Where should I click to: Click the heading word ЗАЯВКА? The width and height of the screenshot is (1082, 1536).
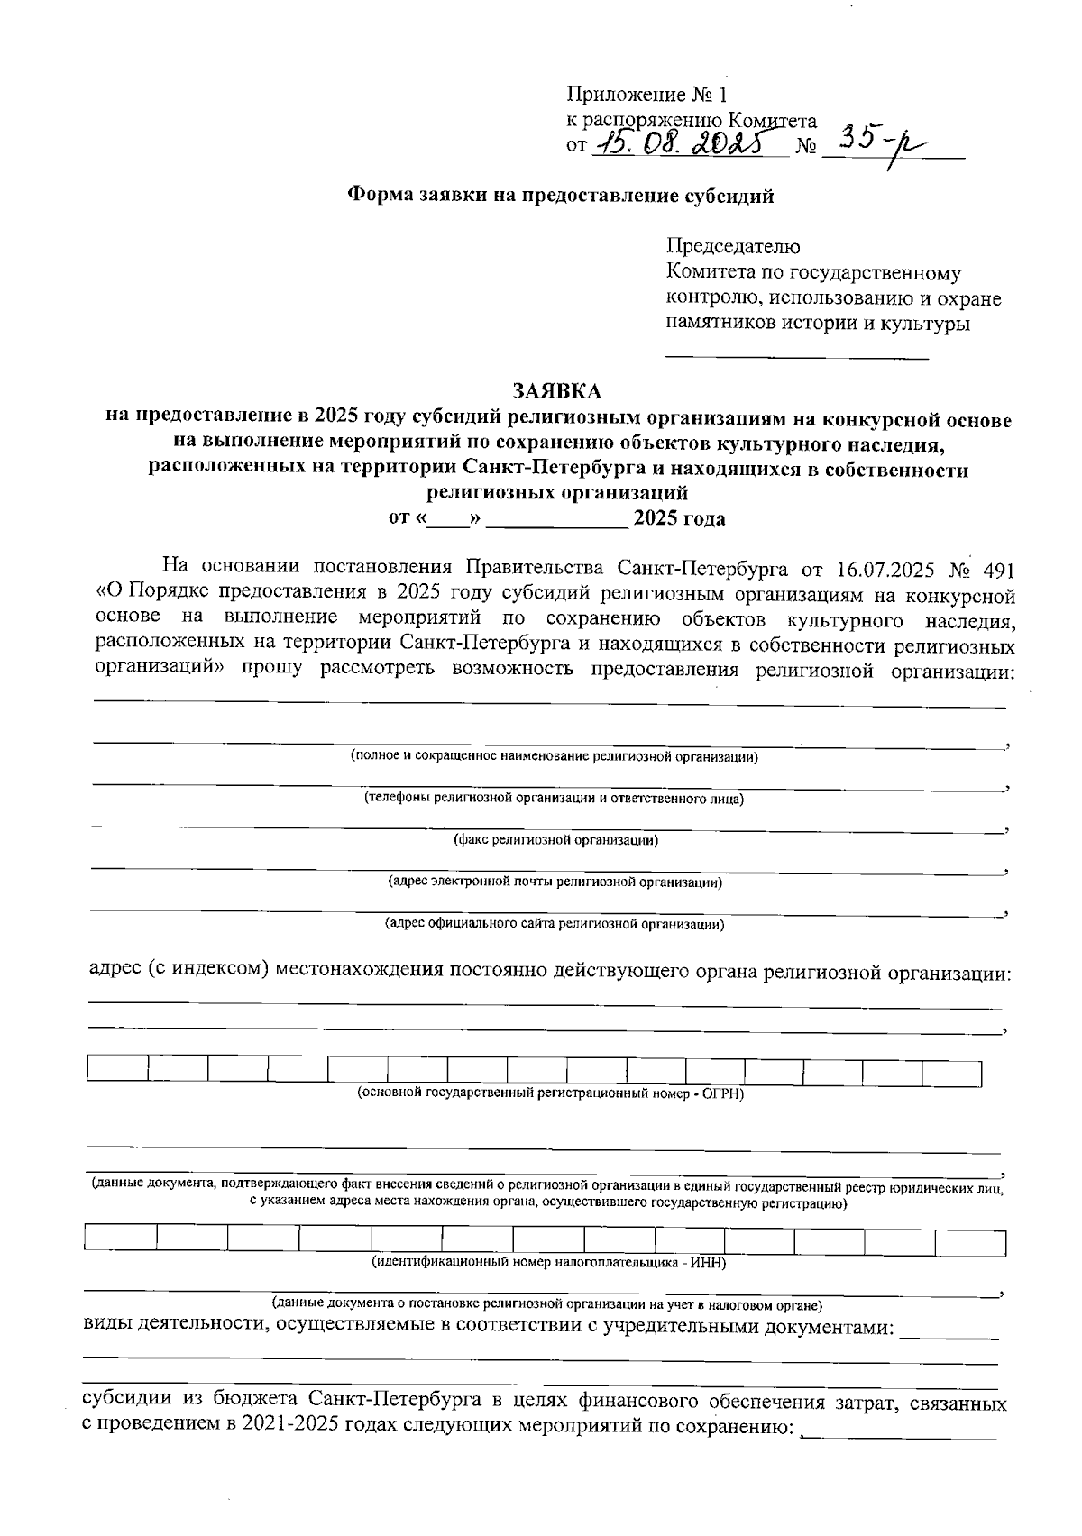556,391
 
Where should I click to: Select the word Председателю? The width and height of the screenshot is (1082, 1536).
732,246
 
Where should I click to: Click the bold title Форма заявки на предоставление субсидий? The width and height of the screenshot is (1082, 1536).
561,196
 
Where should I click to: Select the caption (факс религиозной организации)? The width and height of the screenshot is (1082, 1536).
555,840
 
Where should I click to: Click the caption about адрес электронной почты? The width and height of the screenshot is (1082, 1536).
555,882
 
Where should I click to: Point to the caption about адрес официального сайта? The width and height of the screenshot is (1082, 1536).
555,924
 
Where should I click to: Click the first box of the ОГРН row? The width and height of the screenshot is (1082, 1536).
117,1070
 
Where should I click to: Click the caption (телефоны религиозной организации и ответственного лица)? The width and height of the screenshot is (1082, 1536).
554,799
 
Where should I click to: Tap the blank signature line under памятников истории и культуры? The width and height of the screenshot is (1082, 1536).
796,359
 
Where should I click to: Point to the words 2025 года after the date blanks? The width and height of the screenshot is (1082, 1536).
679,518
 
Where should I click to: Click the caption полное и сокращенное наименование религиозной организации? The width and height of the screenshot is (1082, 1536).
554,757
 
